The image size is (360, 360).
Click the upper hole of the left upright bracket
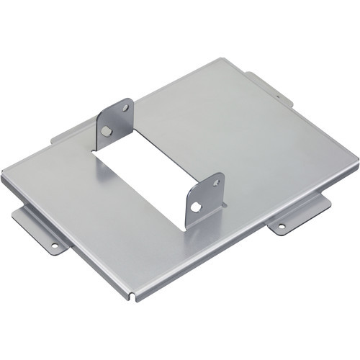click(x=125, y=107)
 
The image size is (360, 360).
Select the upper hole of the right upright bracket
click(x=215, y=183)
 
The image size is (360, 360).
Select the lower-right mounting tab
click(x=299, y=215)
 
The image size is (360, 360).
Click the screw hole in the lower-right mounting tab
click(x=281, y=226)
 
